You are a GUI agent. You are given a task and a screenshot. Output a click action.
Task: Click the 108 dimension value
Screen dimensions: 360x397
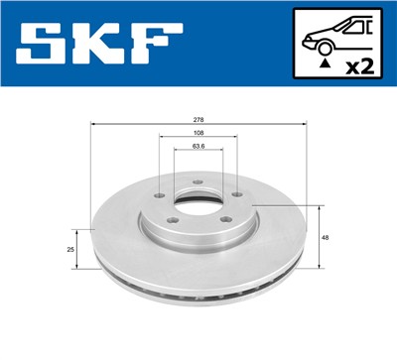coord(198,132)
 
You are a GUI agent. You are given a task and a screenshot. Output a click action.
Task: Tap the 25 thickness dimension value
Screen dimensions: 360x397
coord(70,250)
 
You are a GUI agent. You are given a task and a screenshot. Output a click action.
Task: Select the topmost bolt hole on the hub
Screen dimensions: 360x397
coord(198,181)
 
